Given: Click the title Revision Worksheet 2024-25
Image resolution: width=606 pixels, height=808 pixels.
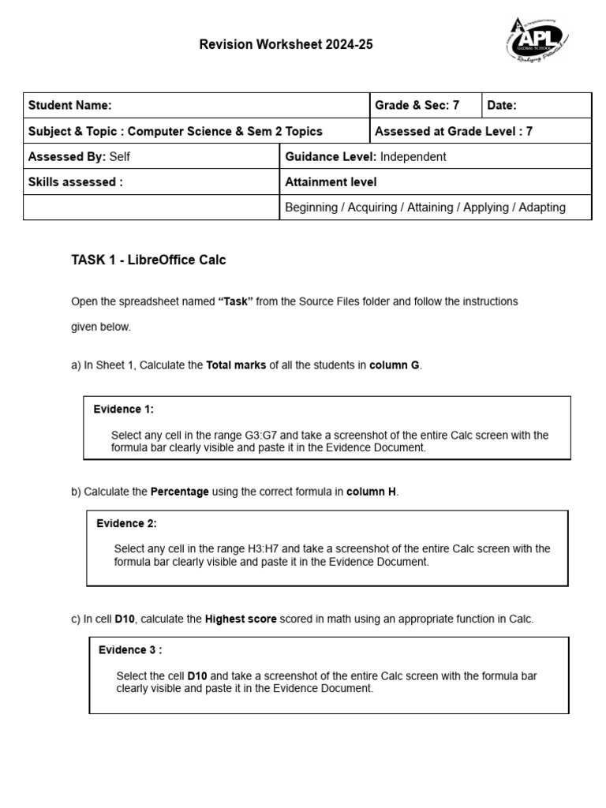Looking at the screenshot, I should coord(286,45).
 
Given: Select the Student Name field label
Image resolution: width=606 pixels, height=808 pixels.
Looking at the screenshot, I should coord(69,106).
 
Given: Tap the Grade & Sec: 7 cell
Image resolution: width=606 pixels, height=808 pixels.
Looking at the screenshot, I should coord(417,106).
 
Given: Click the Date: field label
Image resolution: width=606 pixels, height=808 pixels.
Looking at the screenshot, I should coord(502,106).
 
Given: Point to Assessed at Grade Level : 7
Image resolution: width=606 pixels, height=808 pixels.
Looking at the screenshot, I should coord(454,131).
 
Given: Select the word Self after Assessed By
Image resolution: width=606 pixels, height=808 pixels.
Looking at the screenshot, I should coord(120,156).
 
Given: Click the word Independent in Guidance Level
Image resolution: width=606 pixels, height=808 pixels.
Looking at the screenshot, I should coord(413,156).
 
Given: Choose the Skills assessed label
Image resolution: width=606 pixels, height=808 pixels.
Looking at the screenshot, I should coord(75,181).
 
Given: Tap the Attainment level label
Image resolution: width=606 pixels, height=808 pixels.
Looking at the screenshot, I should coord(331,181).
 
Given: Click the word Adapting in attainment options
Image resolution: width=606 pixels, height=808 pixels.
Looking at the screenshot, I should coord(541,207).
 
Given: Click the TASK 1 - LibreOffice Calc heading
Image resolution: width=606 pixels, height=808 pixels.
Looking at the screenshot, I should coord(148,260).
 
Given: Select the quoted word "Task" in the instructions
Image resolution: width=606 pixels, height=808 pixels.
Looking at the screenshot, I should coord(235,301).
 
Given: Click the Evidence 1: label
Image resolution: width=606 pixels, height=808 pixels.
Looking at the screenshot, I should coord(124,409).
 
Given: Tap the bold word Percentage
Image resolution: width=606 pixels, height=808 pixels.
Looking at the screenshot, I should coord(180,492).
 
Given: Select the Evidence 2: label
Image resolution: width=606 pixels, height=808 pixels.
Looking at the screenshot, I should coord(127,523).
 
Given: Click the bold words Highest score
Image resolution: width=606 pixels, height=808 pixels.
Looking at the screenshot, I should coord(241,619).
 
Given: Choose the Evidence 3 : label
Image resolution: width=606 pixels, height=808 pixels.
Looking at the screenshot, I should coord(130,649).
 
